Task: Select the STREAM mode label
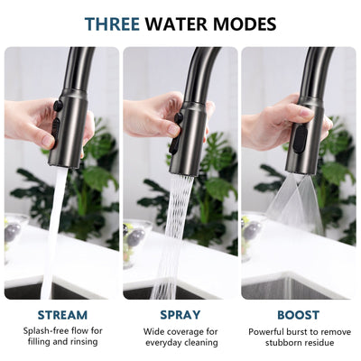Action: pos(61,315)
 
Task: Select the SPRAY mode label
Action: pos(180,315)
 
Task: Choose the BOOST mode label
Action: pos(298,315)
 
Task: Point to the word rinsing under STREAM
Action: pos(83,343)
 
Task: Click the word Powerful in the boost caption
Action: pos(269,331)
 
